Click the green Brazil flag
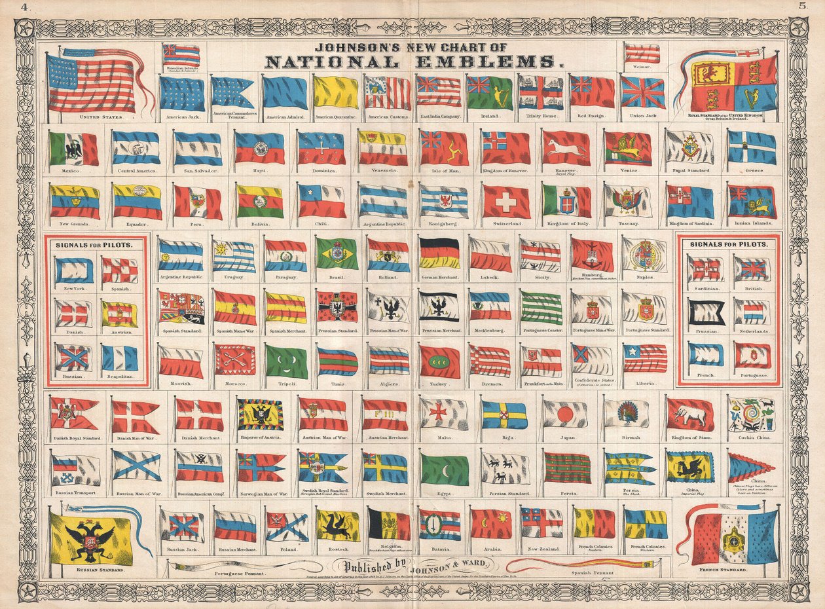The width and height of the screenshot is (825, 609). pos(337,253)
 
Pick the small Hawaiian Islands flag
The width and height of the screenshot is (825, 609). pos(181,55)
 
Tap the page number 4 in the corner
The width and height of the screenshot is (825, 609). pos(24,7)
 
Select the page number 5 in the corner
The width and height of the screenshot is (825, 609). pos(803,7)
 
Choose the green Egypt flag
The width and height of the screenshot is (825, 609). pos(445,470)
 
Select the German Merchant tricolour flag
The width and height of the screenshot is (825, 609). pos(440,253)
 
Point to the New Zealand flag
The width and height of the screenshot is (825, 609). pos(541,523)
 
